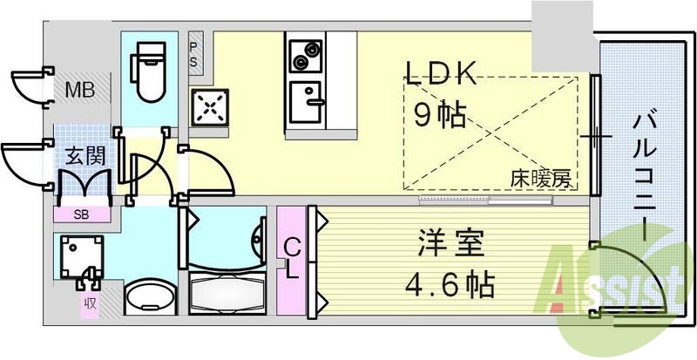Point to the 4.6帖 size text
tap(450, 284)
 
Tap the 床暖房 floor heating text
tap(541, 180)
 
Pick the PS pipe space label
tap(194, 55)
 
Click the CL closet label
tap(294, 259)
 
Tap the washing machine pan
tap(79, 257)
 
